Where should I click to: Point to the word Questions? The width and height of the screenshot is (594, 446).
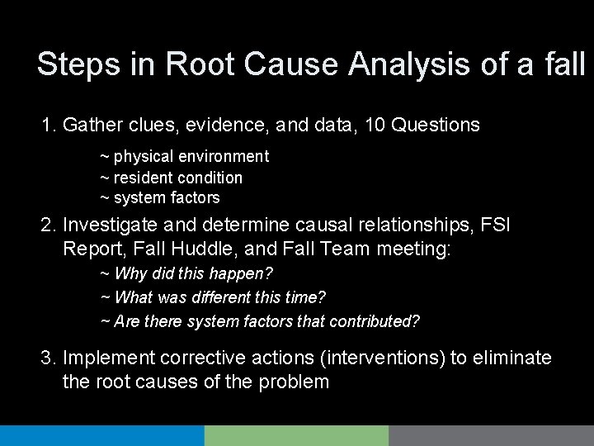pyautogui.click(x=436, y=125)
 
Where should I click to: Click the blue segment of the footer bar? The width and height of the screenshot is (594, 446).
pyautogui.click(x=101, y=436)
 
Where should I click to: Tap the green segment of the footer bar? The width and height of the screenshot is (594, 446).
pyautogui.click(x=296, y=436)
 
